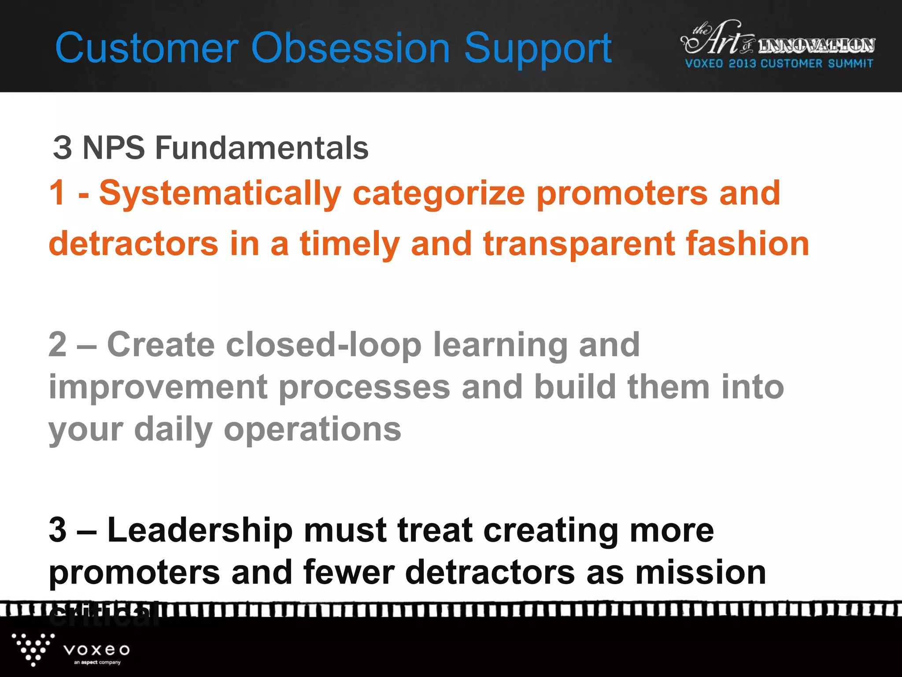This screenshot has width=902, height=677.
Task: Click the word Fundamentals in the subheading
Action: tap(262, 148)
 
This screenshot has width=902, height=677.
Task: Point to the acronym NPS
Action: tap(114, 148)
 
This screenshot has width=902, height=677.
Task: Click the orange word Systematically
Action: tap(220, 194)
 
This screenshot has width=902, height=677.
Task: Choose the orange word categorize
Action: tap(439, 194)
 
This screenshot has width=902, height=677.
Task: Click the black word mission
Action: tap(701, 573)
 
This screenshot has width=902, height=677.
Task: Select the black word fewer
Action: tap(348, 573)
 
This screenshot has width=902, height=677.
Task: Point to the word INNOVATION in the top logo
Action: tap(816, 45)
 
